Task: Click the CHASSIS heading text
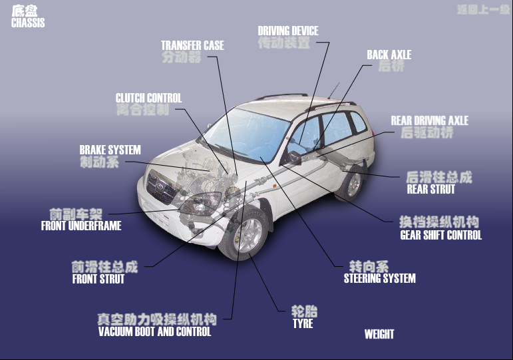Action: click(28, 23)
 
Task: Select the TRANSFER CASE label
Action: click(192, 46)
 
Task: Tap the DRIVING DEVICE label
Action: click(287, 31)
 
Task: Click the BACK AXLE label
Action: click(389, 55)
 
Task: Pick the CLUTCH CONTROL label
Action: click(148, 98)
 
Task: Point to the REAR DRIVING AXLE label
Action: click(429, 121)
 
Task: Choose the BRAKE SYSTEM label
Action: click(110, 150)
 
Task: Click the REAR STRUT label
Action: click(430, 189)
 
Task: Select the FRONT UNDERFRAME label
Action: click(81, 226)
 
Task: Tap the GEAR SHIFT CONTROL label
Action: click(440, 235)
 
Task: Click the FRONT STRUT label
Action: click(98, 279)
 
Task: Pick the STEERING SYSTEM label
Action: click(379, 278)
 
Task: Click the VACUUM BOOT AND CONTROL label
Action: click(154, 331)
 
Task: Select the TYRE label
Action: click(303, 323)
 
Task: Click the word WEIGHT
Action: click(379, 334)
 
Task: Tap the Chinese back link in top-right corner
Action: click(482, 10)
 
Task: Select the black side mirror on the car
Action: click(291, 158)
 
